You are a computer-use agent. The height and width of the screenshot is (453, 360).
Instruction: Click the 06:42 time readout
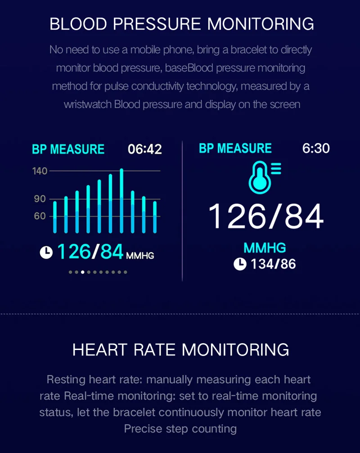145,149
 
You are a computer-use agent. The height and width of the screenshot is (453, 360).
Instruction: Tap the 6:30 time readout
316,148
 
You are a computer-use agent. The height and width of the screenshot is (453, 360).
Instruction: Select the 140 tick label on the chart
40,171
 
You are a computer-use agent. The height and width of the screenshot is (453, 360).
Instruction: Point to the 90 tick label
40,199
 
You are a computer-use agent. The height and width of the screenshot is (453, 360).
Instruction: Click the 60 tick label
40,216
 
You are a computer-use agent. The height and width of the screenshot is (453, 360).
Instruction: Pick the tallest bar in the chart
121,201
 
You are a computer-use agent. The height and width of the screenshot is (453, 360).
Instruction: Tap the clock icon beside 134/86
240,264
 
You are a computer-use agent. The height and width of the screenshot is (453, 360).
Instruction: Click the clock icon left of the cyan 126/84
46,252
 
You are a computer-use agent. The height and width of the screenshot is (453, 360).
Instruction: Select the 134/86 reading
273,264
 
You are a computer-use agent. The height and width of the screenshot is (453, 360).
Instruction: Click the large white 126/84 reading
266,216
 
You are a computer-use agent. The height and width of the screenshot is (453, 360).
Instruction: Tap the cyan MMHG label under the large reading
265,248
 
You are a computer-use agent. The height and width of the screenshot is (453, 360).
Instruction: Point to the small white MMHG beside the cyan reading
140,256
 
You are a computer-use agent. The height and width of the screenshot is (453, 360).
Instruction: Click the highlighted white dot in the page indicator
83,272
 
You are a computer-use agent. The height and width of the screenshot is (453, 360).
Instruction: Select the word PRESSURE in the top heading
157,24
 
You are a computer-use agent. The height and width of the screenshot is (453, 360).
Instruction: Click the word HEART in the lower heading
100,350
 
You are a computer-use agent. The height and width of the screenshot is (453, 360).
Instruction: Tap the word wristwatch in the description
88,104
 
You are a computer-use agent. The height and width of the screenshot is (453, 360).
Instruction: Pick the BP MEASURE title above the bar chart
68,149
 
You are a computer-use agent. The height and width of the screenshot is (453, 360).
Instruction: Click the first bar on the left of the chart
55,217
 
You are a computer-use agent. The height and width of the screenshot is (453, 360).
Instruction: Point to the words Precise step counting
180,429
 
